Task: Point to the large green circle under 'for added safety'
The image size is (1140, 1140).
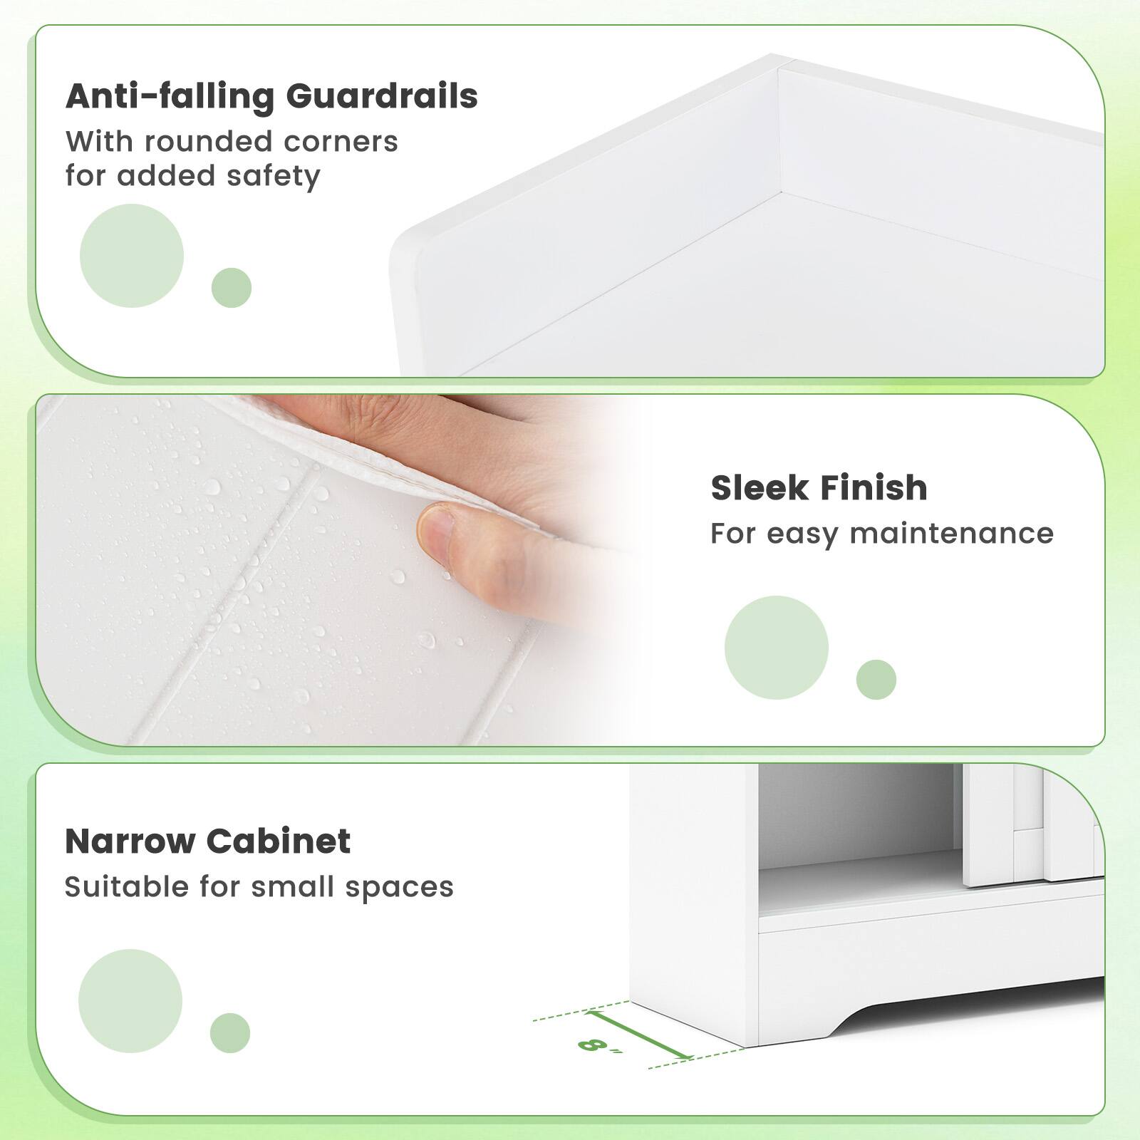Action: point(132,256)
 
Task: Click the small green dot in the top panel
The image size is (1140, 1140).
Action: point(232,288)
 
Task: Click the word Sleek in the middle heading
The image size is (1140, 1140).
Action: point(760,488)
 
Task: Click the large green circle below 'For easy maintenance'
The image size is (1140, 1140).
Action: point(777,648)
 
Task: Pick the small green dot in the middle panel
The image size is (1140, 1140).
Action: point(876,679)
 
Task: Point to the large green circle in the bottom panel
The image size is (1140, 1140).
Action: point(130,1001)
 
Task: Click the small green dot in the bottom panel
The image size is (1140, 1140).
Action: point(230,1032)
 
